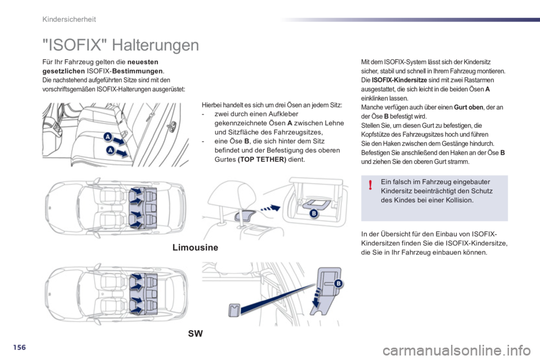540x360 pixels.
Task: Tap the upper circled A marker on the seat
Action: (x=106, y=136)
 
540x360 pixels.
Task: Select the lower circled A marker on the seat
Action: (x=110, y=150)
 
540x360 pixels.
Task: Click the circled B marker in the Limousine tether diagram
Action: (x=313, y=214)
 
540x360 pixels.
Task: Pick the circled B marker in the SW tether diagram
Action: (x=338, y=283)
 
